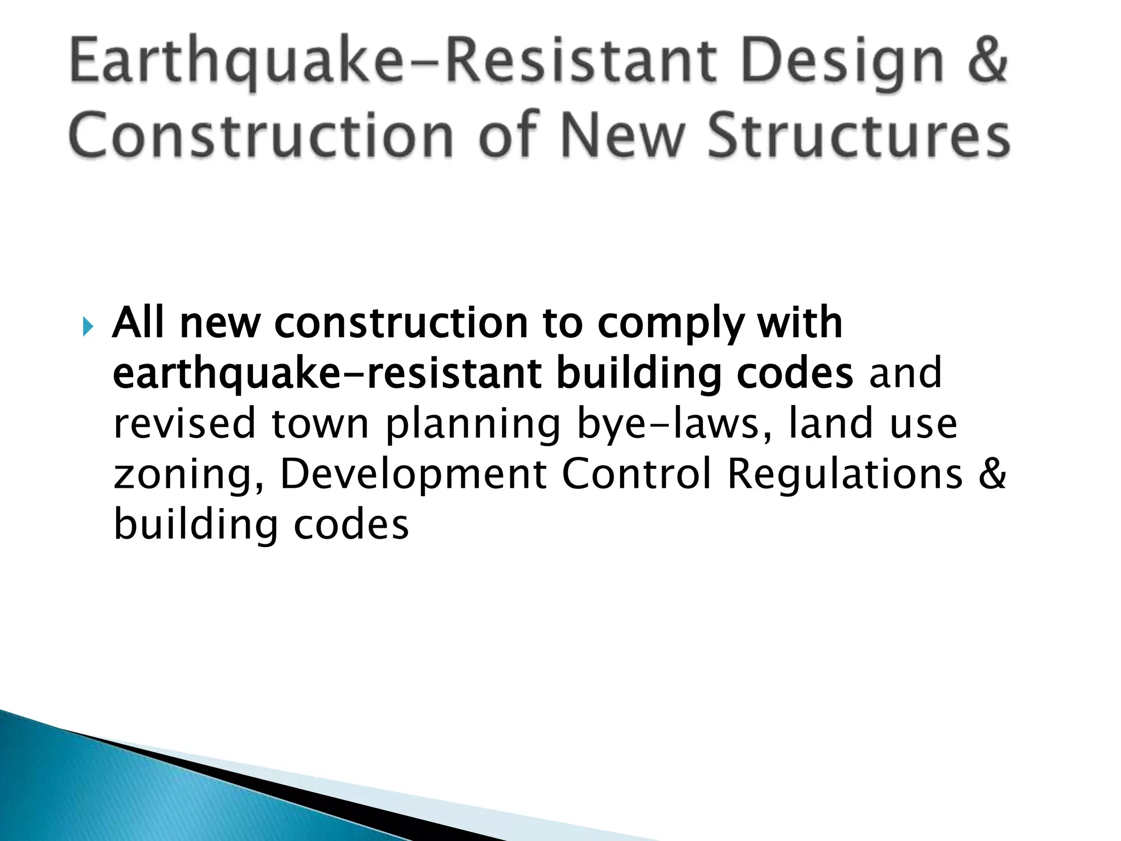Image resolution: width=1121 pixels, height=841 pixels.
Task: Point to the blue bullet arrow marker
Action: [x=88, y=328]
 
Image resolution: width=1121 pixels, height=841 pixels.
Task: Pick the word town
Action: [x=320, y=423]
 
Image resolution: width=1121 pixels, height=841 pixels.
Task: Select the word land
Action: [x=830, y=423]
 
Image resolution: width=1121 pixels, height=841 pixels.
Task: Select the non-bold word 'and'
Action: [x=905, y=373]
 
